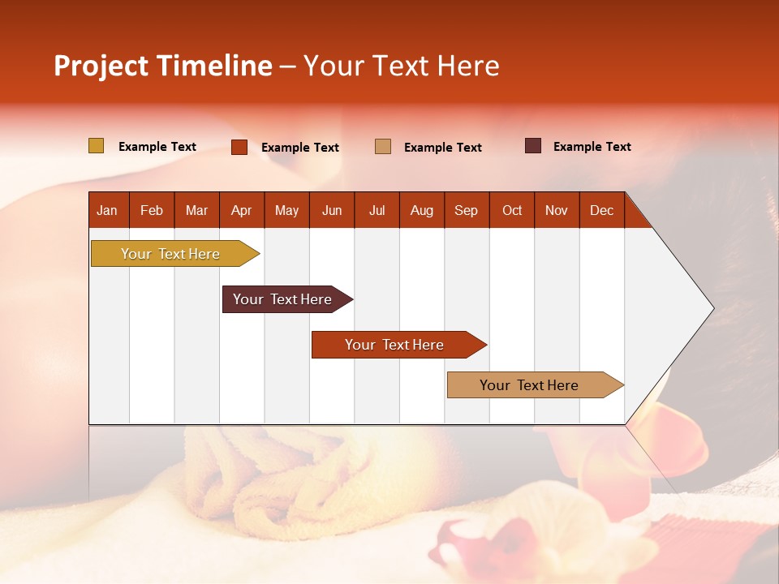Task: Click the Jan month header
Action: (107, 210)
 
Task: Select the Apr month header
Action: (241, 210)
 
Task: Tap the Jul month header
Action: (377, 210)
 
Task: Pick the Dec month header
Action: (601, 210)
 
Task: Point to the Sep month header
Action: (466, 210)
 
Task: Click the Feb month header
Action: (152, 210)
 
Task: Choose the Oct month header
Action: (512, 210)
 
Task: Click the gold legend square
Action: (96, 146)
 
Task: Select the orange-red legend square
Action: (239, 147)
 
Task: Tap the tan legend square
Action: (383, 147)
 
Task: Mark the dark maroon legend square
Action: (533, 146)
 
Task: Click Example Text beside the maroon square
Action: (592, 147)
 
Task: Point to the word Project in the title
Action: (101, 66)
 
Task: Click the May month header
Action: (286, 210)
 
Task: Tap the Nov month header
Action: (556, 210)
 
